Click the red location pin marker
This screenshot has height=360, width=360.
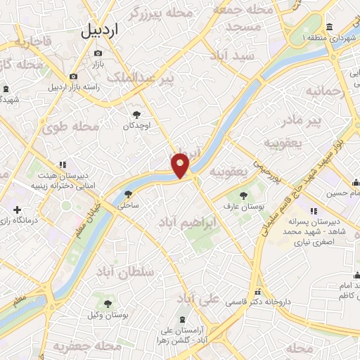tap(181, 165)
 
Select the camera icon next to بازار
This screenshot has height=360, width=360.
tap(98, 53)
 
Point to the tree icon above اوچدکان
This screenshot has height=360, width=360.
tap(136, 114)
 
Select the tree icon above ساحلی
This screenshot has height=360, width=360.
tap(127, 194)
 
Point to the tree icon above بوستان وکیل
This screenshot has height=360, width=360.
tap(108, 304)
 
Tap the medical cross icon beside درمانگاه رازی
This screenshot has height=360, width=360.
tap(17, 210)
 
